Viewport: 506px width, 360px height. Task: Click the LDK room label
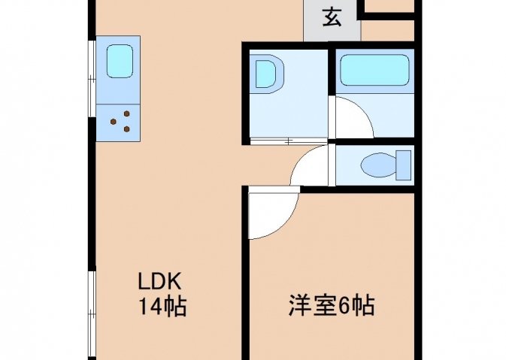(159, 281)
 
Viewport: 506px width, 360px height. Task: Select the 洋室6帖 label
(332, 305)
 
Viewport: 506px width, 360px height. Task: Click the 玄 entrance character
(332, 17)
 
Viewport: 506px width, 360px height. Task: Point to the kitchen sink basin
(120, 62)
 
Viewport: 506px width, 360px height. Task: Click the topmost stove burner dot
(127, 113)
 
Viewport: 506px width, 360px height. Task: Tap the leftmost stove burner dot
(114, 122)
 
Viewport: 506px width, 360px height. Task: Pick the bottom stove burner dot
(127, 129)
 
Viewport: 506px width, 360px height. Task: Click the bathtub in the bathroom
(374, 71)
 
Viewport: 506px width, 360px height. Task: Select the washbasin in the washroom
(268, 74)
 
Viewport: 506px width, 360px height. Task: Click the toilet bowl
(378, 166)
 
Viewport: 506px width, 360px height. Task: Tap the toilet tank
(404, 165)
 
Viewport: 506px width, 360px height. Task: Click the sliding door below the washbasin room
(288, 141)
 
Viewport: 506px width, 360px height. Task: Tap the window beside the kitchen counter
(92, 78)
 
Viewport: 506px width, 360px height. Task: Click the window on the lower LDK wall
(92, 313)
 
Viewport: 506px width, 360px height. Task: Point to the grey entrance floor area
(332, 20)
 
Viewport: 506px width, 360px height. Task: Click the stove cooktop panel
(118, 123)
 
